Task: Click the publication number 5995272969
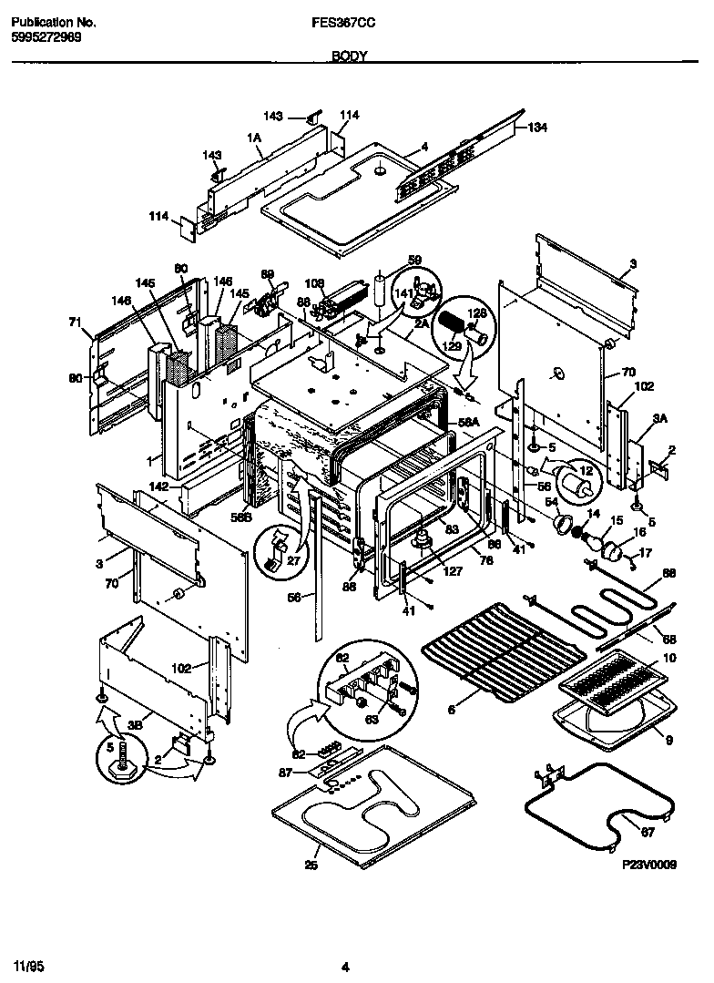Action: (47, 36)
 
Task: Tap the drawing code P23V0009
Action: (649, 868)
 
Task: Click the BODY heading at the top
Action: (350, 56)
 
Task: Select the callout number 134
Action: (537, 128)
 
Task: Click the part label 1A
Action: (254, 137)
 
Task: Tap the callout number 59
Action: (415, 260)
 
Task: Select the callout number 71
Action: (75, 322)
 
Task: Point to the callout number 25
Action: (311, 865)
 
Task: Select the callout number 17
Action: (646, 552)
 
